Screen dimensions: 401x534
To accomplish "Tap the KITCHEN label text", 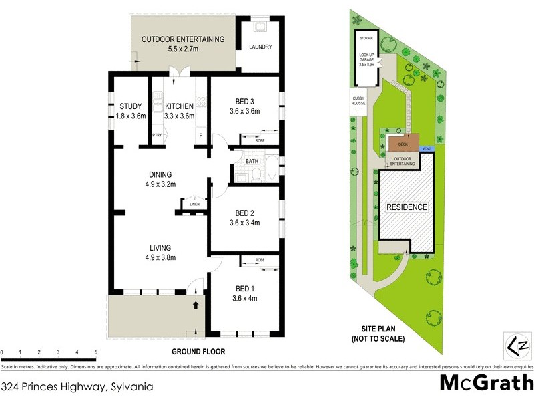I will pyautogui.click(x=179, y=106).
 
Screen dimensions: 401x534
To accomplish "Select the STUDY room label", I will pyautogui.click(x=131, y=106).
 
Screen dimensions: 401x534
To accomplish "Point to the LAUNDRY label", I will pyautogui.click(x=260, y=47).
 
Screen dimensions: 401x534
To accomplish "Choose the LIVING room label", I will pyautogui.click(x=160, y=247).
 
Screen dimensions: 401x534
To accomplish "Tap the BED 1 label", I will pyautogui.click(x=244, y=289).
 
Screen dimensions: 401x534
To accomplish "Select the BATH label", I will pyautogui.click(x=252, y=161).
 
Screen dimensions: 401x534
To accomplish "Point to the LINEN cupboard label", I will pyautogui.click(x=194, y=205).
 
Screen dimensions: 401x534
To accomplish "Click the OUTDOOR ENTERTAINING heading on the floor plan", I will pyautogui.click(x=182, y=39).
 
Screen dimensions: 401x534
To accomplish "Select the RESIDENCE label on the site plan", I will pyautogui.click(x=407, y=207).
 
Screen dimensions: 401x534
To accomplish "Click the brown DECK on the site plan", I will pyautogui.click(x=403, y=144).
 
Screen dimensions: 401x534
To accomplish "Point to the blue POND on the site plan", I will pyautogui.click(x=427, y=150).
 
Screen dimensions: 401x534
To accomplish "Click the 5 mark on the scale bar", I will pyautogui.click(x=96, y=352).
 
